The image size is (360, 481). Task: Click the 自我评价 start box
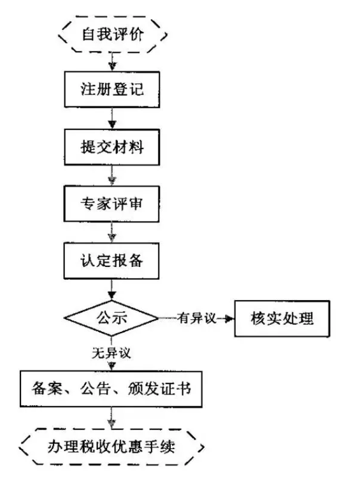(113, 33)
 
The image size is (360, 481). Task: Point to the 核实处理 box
(283, 317)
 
